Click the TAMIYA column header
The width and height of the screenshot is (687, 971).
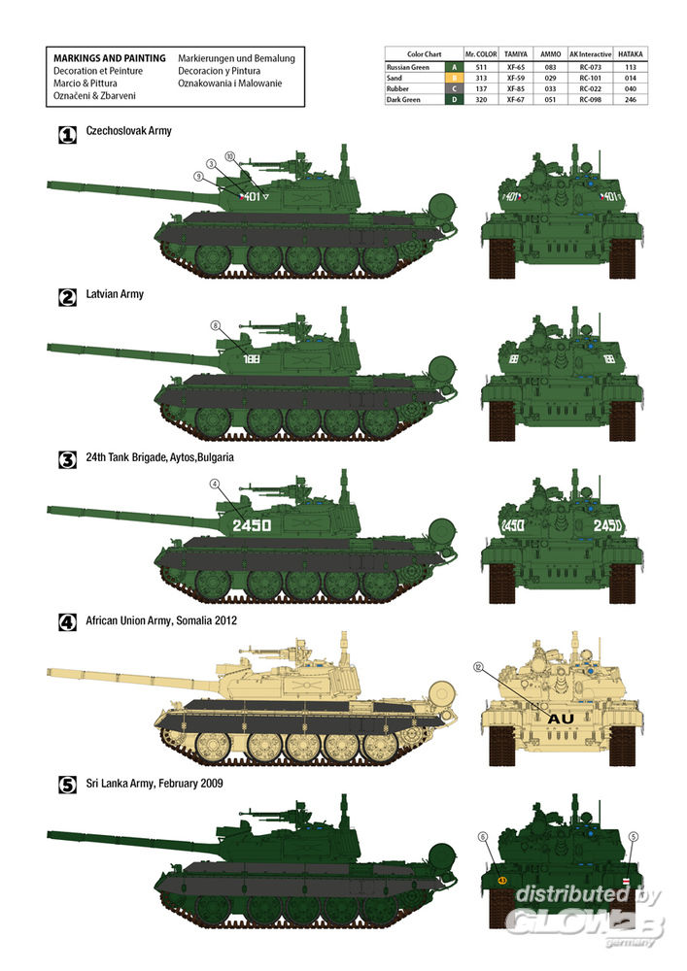515,53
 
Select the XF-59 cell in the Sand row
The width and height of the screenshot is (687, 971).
515,78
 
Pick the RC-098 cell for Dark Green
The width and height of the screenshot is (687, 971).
590,99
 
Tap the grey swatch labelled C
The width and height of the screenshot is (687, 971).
454,88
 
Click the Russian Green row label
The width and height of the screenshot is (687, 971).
407,67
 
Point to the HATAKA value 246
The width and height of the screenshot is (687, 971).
630,99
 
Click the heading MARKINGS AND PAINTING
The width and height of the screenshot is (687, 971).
110,58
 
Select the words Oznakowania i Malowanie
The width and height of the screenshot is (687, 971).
230,83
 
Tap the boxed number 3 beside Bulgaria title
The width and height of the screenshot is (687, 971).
67,460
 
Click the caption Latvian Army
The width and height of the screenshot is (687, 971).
115,294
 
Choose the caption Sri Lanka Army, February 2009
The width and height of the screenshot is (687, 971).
155,784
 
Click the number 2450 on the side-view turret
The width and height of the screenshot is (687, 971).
252,525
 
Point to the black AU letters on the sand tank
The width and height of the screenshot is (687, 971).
561,719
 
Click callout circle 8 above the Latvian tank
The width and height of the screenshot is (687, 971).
215,325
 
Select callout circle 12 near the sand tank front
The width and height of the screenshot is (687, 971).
478,667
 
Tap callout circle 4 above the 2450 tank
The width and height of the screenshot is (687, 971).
215,484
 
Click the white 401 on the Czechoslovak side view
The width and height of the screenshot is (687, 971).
252,196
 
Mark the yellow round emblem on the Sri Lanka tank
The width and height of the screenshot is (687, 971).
501,880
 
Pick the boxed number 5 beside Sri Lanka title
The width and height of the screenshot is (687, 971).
67,786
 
